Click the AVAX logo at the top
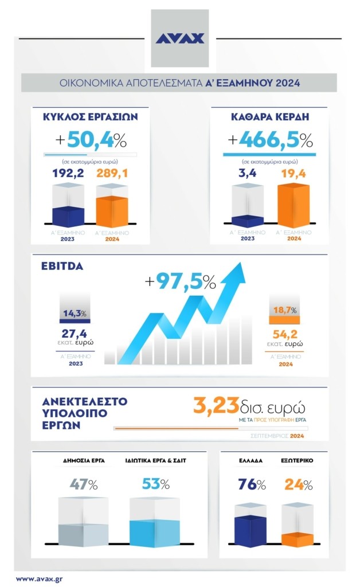180,38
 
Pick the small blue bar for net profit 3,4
248,220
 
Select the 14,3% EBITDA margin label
75,313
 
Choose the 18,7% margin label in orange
285,310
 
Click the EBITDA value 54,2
285,333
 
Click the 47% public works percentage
83,484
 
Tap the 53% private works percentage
155,484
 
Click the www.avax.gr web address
39,578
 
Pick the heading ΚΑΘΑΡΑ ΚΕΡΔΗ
269,117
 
